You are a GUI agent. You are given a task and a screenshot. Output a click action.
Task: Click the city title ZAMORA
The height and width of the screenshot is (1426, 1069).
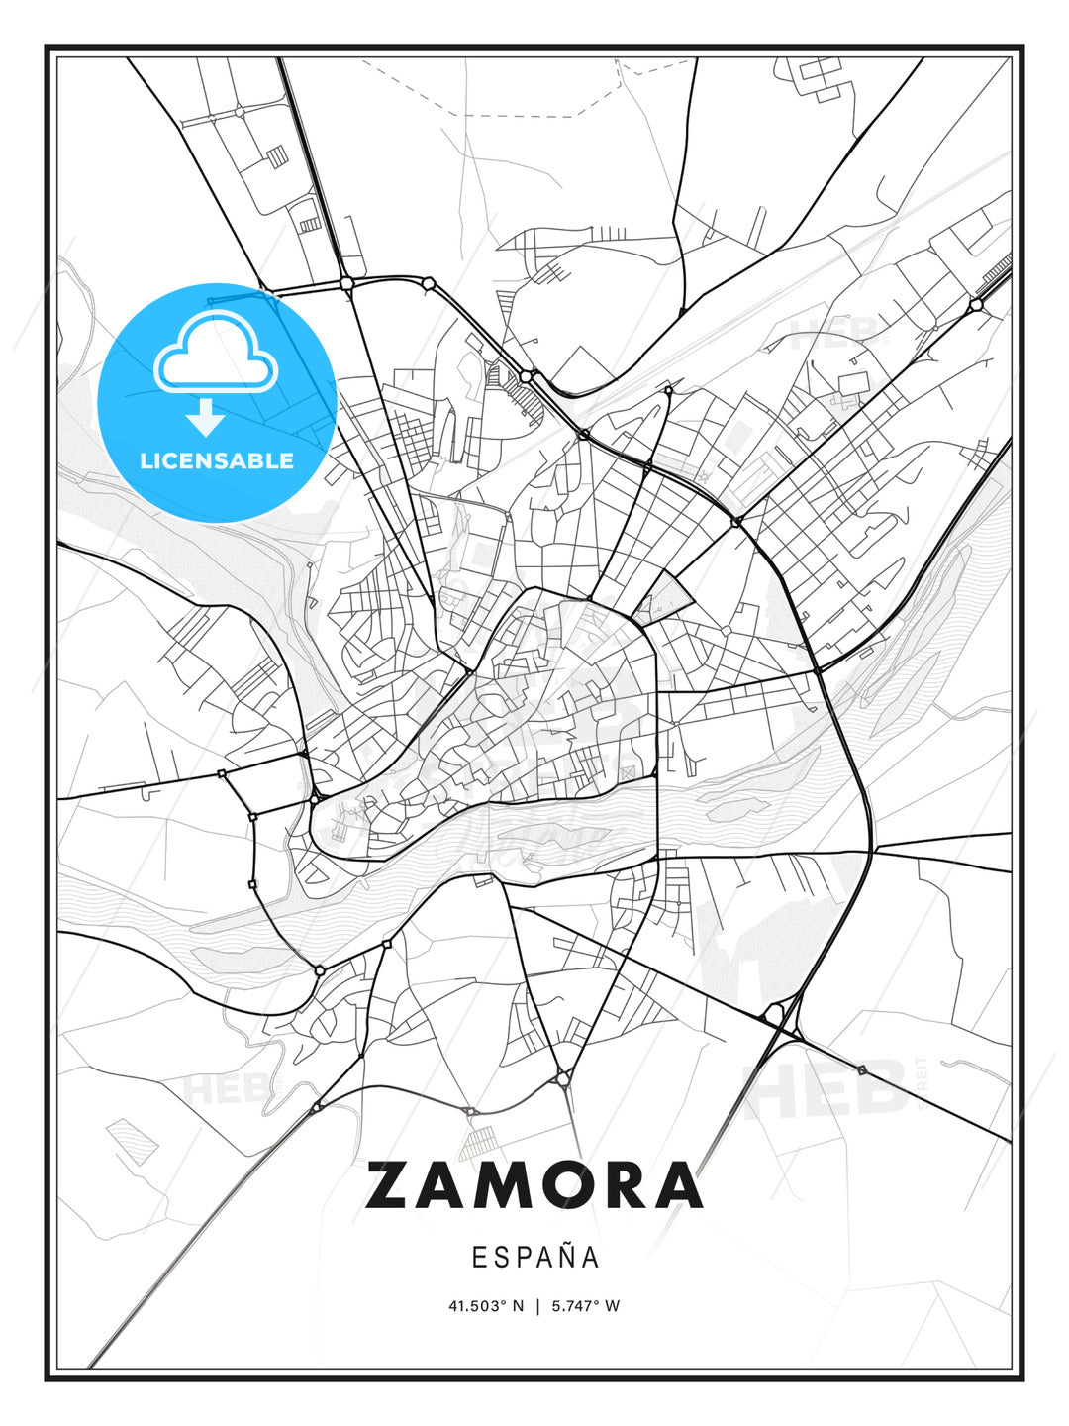click(x=534, y=1185)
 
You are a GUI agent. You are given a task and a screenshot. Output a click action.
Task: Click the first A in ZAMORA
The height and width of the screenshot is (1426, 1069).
click(x=443, y=1185)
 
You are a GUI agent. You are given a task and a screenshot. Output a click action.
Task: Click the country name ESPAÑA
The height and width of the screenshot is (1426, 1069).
click(x=534, y=1258)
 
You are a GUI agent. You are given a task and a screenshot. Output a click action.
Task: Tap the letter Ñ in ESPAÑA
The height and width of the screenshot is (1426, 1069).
click(x=565, y=1257)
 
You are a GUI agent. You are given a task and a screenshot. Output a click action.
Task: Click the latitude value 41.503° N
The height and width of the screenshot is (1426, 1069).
click(x=486, y=1306)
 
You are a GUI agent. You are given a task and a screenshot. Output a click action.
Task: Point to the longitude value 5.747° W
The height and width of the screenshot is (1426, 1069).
click(x=585, y=1306)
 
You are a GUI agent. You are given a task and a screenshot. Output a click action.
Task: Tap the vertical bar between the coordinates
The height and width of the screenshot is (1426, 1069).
click(x=536, y=1306)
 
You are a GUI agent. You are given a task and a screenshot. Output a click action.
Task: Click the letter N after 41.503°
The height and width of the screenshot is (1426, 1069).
click(x=518, y=1306)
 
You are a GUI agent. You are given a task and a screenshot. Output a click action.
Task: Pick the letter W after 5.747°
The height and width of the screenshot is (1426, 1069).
click(x=613, y=1306)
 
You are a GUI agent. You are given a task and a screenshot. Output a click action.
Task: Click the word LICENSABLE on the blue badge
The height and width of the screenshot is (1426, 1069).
click(x=217, y=460)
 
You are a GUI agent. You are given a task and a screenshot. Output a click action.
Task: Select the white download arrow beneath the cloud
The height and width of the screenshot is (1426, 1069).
click(x=206, y=417)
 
